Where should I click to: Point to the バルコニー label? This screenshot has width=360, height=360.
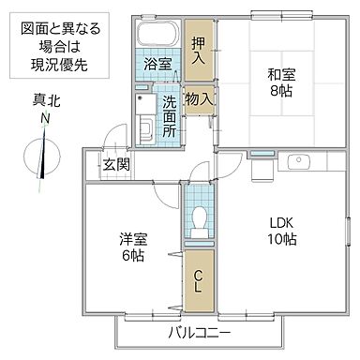(200, 334)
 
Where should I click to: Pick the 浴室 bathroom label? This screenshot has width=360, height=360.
(157, 65)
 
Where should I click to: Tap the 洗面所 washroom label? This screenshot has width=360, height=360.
(169, 117)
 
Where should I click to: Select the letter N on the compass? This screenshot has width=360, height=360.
(44, 121)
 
